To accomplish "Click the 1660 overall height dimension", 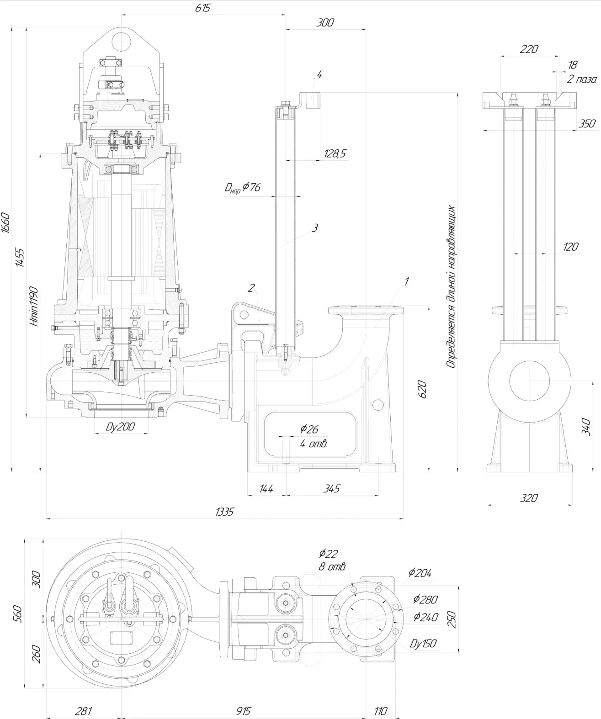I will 6,222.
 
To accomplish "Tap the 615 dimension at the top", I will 202,8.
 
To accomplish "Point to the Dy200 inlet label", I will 120,427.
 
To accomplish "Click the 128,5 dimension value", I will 335,154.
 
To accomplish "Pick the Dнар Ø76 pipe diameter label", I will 242,187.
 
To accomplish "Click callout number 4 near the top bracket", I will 319,74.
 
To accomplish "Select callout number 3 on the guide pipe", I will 314,227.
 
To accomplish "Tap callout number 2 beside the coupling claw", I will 251,287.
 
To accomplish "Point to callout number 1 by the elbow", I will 406,281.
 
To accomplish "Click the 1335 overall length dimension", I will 224,512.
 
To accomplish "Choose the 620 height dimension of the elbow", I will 422,389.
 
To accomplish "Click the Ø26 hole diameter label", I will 309,429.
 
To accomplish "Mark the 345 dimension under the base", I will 331,488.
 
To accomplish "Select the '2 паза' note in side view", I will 581,79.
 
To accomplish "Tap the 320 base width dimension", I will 529,498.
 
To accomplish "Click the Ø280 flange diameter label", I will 425,599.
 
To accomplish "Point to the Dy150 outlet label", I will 423,644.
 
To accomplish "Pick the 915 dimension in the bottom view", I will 244,711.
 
